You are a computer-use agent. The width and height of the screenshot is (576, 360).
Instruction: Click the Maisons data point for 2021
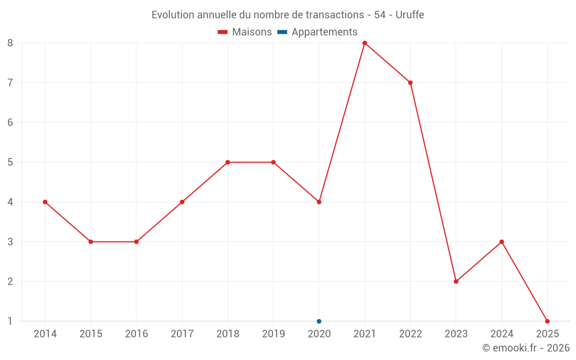tap(365, 43)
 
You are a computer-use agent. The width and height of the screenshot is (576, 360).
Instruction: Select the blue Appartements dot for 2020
tap(319, 321)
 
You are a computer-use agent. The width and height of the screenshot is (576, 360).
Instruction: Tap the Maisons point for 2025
tap(547, 321)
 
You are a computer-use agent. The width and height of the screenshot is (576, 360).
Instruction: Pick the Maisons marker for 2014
tap(45, 202)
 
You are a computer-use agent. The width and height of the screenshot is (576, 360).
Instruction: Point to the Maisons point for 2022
tap(410, 82)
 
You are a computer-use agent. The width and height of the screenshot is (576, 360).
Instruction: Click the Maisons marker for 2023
tap(456, 281)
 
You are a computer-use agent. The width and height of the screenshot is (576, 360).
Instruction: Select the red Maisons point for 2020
tap(319, 202)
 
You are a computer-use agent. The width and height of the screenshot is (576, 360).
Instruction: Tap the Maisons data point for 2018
tap(228, 162)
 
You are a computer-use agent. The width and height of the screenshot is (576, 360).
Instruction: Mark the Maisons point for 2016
tap(137, 241)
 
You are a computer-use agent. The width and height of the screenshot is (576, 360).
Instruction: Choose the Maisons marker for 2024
tap(502, 241)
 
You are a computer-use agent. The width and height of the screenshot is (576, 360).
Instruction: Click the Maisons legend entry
tap(245, 32)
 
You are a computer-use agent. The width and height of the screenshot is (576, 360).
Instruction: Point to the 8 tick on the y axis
tap(10, 43)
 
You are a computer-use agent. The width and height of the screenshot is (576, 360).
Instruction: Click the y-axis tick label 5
tap(10, 162)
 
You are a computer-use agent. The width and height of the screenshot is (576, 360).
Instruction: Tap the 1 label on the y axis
tap(10, 321)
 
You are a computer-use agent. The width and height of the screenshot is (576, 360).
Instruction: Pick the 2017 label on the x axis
tap(182, 334)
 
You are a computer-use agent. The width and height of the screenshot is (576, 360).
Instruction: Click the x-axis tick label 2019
tap(274, 334)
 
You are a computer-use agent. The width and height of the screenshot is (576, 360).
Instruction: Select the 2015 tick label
tap(91, 334)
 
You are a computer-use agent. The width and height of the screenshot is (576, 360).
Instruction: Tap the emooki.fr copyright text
tap(526, 348)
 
